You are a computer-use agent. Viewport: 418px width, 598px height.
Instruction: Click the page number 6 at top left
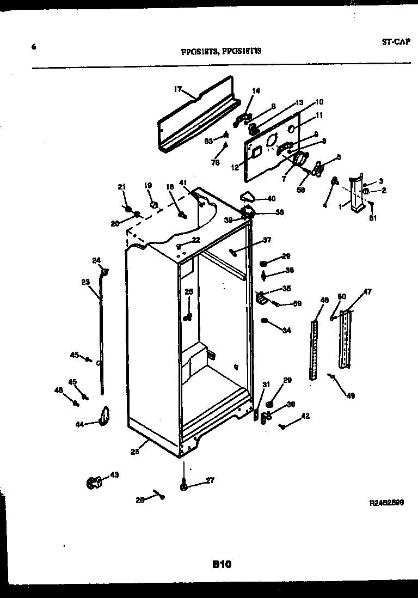(34, 47)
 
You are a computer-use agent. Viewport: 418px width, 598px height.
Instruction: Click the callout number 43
(114, 475)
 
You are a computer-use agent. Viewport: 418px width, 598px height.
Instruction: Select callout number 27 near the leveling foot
(210, 480)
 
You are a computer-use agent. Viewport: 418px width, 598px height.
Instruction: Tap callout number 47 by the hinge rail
(367, 292)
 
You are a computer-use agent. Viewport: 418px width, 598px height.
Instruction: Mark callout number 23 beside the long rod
(85, 282)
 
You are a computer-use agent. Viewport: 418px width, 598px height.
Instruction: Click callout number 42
(305, 416)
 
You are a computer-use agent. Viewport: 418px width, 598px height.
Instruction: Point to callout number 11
(319, 115)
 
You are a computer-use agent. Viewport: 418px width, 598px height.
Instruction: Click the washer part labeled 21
(127, 209)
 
